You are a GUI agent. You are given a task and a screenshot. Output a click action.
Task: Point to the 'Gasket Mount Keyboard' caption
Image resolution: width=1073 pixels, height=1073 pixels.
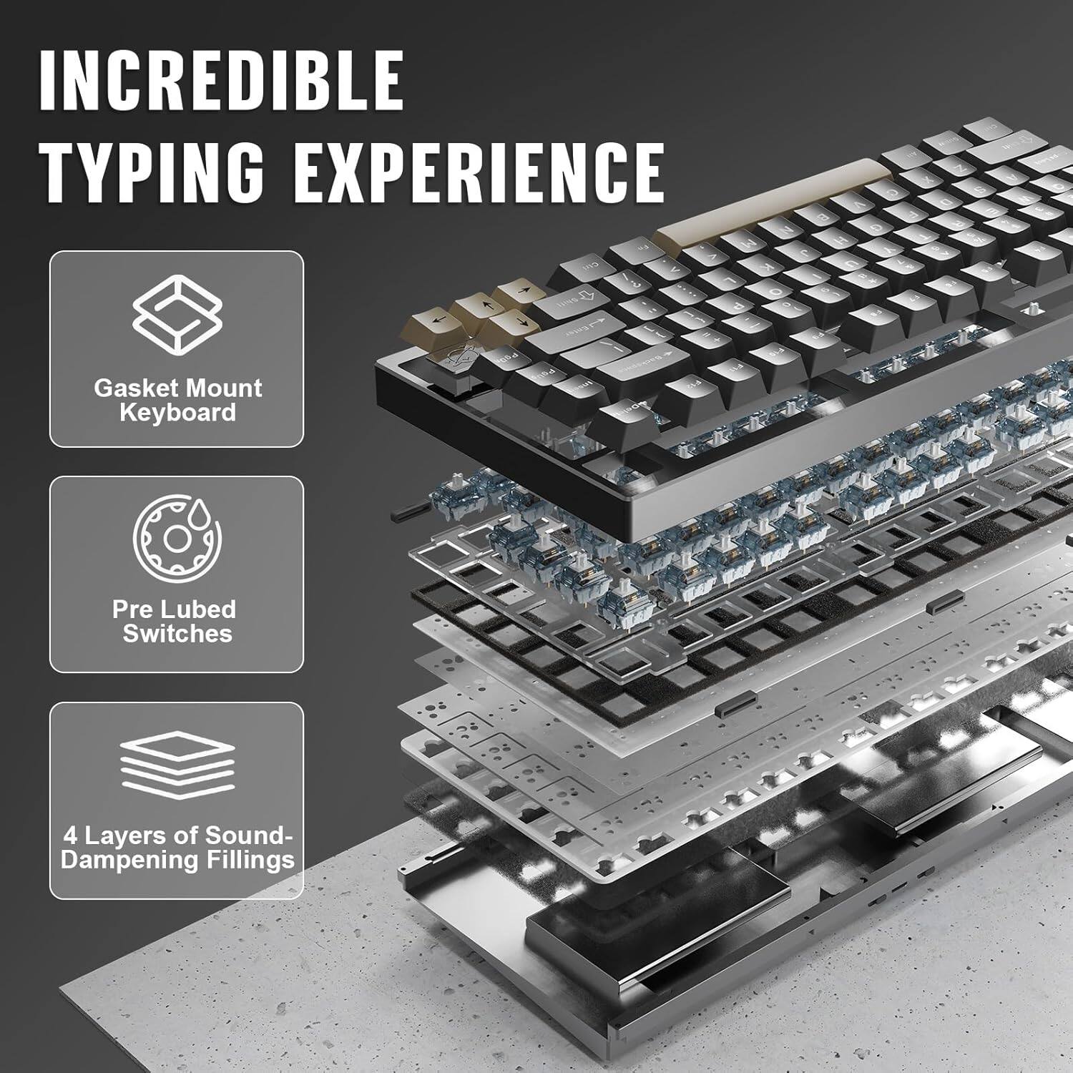177,400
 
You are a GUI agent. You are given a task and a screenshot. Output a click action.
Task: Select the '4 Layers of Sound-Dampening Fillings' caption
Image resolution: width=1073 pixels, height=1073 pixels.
177,847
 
